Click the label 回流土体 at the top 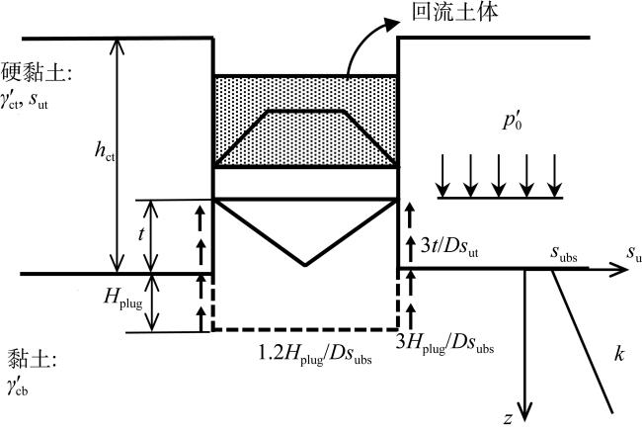[x=443, y=16]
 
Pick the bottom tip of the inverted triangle [x=306, y=264]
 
